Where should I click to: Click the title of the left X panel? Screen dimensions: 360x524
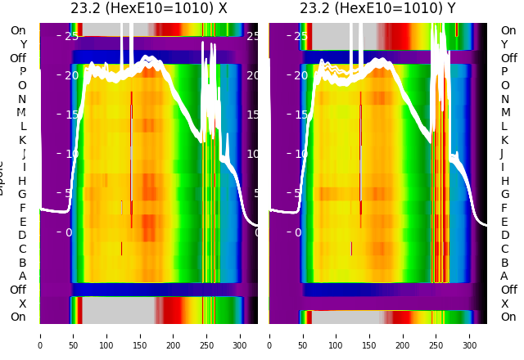[x=148, y=9]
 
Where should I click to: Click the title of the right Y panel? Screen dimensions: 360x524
[x=377, y=9]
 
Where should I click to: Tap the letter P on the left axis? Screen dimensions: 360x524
[x=22, y=72]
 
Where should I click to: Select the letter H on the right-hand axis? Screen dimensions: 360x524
[x=505, y=181]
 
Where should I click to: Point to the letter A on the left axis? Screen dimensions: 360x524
[x=22, y=277]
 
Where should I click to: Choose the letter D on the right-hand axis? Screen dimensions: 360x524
[x=505, y=236]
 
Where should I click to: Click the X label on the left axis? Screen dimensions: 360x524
[x=22, y=304]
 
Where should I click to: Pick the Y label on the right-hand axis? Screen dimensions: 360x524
[x=505, y=44]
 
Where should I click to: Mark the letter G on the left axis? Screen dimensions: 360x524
[x=22, y=195]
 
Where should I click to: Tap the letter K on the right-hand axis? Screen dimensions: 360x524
[x=505, y=140]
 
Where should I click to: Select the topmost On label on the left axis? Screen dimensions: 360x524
[x=18, y=31]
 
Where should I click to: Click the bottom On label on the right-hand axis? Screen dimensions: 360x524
[x=508, y=317]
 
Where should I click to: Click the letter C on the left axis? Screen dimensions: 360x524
[x=22, y=250]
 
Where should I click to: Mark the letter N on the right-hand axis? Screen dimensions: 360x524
[x=505, y=99]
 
